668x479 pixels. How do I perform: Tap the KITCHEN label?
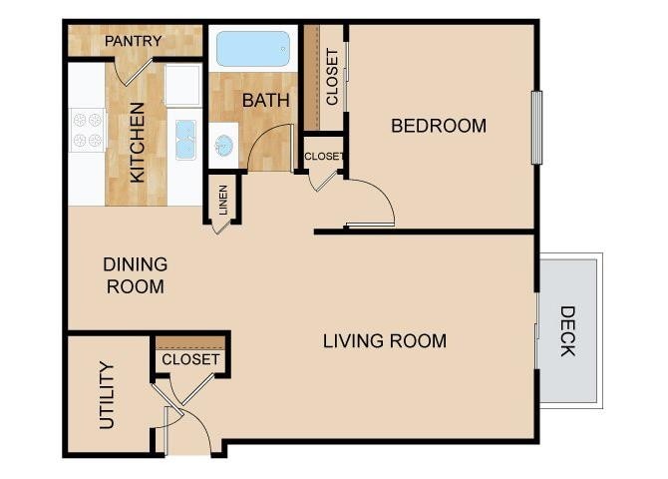pyautogui.click(x=138, y=148)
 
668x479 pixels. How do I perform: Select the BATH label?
pyautogui.click(x=266, y=101)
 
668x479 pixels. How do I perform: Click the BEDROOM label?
pyautogui.click(x=439, y=126)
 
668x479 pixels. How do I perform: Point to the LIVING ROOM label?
pyautogui.click(x=385, y=341)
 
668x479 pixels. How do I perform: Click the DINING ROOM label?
pyautogui.click(x=135, y=275)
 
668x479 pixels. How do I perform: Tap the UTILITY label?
pyautogui.click(x=108, y=395)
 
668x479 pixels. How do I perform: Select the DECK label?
pyautogui.click(x=567, y=330)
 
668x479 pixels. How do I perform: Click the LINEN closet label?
pyautogui.click(x=222, y=201)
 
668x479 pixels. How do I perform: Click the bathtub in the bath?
pyautogui.click(x=253, y=48)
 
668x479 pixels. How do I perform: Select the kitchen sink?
pyautogui.click(x=185, y=140)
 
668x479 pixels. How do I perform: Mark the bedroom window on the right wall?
pyautogui.click(x=536, y=127)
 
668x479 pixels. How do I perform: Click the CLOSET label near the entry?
pyautogui.click(x=189, y=359)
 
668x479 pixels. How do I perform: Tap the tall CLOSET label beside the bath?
pyautogui.click(x=332, y=77)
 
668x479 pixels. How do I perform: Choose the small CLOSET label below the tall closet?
pyautogui.click(x=323, y=156)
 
